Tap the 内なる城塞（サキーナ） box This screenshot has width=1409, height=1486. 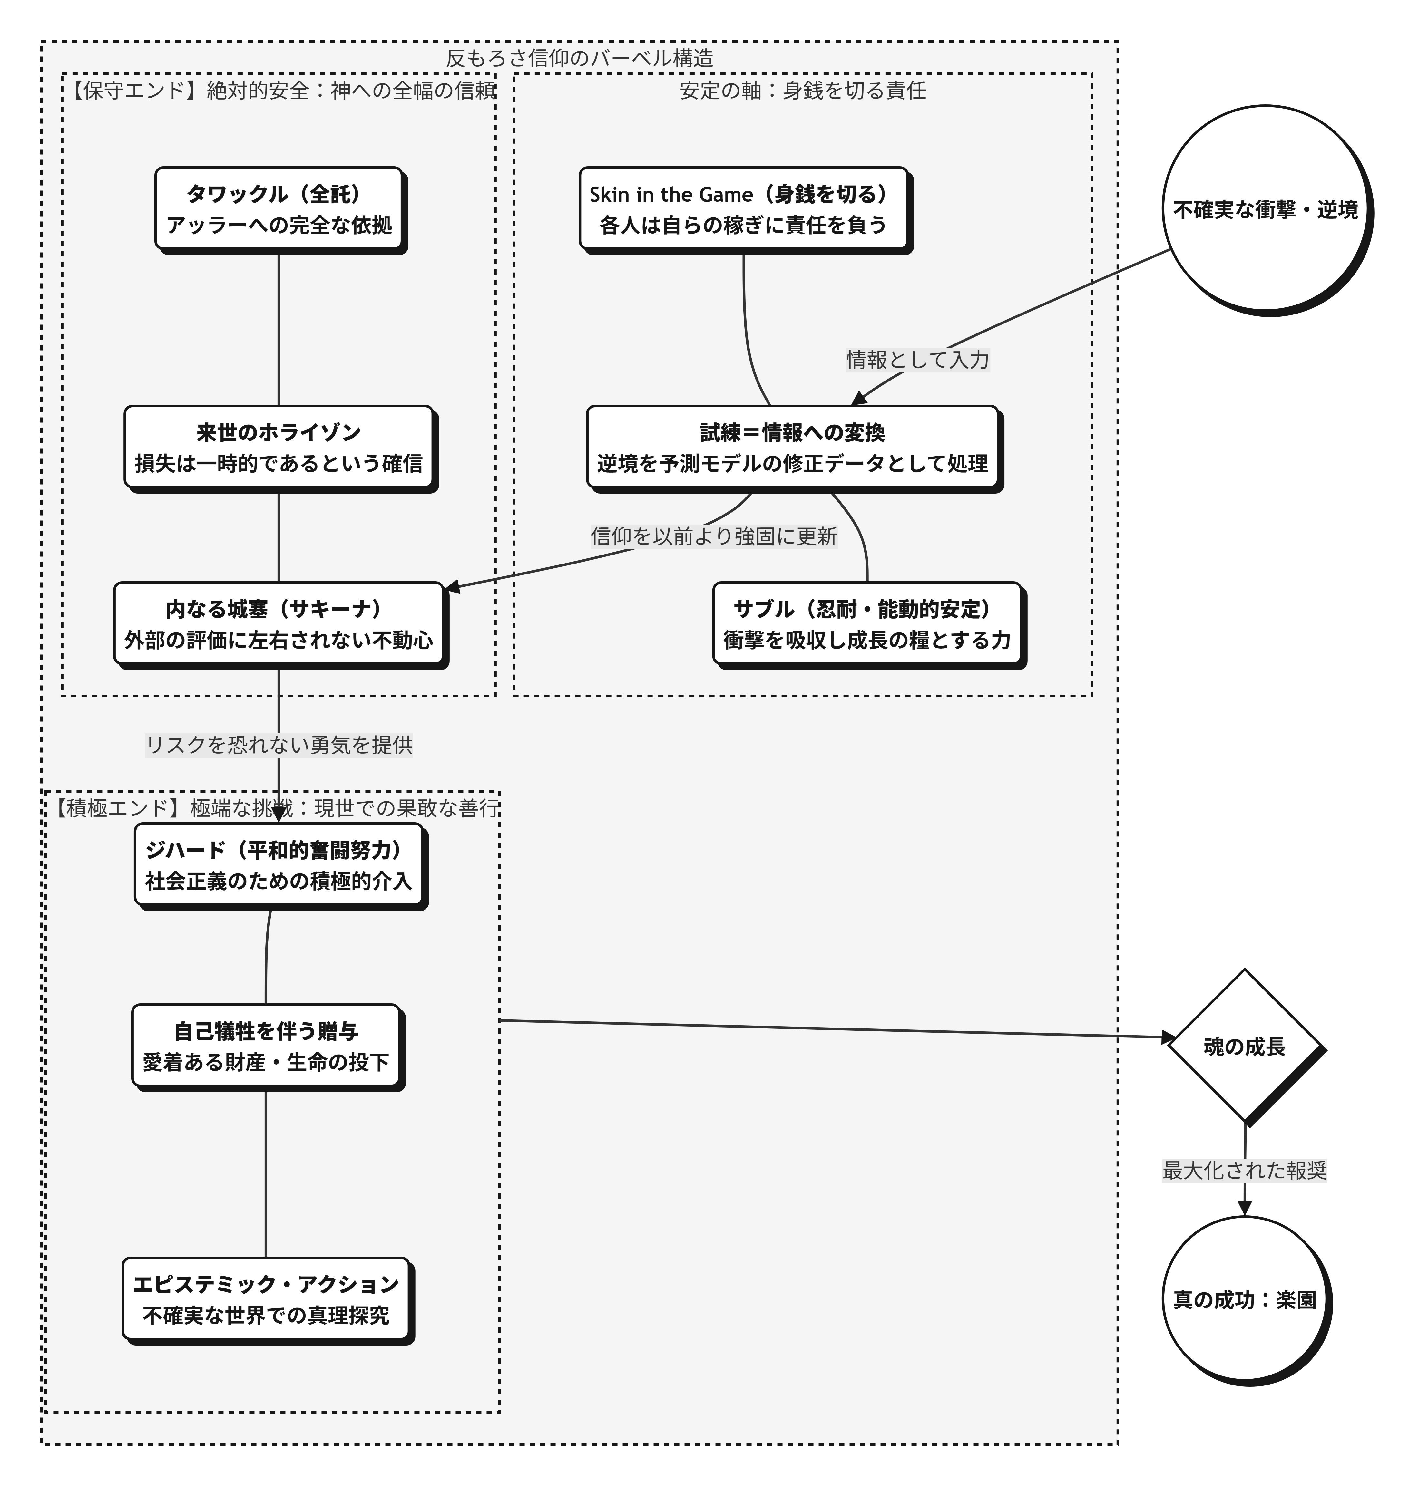point(279,624)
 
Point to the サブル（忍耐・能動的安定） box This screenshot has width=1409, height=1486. point(867,624)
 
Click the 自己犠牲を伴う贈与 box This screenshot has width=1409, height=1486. point(266,1046)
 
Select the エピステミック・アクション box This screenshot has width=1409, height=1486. point(266,1300)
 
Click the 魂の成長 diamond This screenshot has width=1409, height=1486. point(1245,1046)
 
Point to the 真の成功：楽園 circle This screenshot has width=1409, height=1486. point(1245,1300)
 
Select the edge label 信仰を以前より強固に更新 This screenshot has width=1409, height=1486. point(713,536)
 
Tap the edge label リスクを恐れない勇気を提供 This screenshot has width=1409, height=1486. point(279,745)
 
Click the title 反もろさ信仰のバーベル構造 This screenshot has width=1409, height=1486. point(579,58)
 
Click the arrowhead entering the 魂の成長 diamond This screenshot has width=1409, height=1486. point(1170,1038)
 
